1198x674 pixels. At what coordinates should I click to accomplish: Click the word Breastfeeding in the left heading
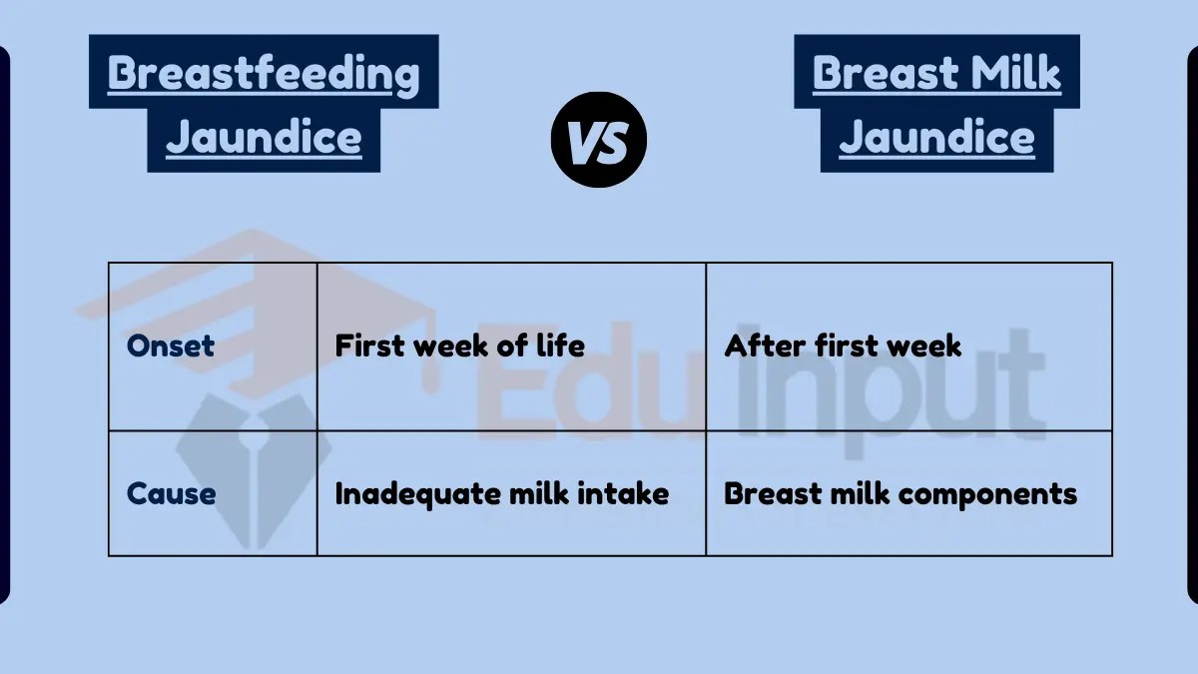(x=264, y=73)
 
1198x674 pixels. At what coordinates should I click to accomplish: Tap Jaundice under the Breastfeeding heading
(x=264, y=137)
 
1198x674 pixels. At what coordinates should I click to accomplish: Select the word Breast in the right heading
(x=883, y=73)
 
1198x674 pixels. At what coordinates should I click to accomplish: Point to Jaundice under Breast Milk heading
(x=936, y=137)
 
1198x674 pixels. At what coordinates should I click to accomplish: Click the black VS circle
(x=599, y=141)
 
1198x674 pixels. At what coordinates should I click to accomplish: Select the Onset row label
(x=171, y=346)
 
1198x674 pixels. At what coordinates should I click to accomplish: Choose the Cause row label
(x=171, y=493)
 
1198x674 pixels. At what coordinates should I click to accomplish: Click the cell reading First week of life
(x=459, y=346)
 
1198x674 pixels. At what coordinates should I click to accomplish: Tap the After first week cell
(x=843, y=346)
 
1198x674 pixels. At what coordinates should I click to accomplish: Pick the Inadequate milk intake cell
(x=501, y=493)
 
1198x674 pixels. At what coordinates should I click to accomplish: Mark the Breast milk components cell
(x=900, y=493)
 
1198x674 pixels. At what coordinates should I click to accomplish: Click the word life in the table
(x=561, y=346)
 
